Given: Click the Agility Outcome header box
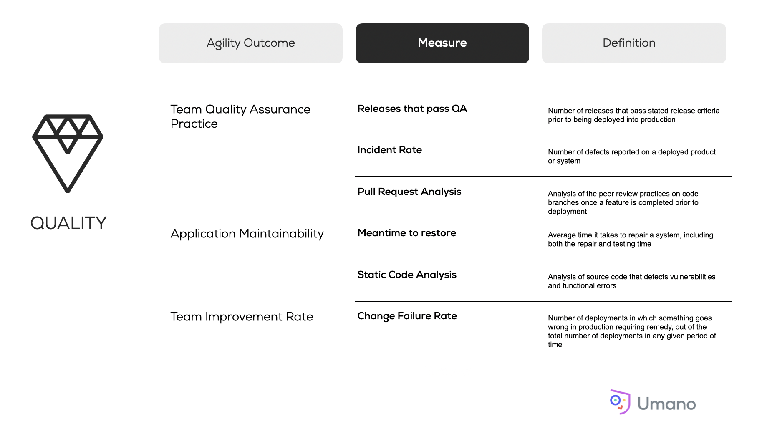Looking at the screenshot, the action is [x=250, y=43].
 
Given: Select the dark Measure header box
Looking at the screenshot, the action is [x=442, y=43].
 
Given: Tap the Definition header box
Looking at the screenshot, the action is [x=634, y=43].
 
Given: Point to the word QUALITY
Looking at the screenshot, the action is [x=68, y=223].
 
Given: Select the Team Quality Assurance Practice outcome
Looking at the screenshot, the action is [x=240, y=116].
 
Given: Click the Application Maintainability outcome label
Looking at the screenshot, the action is [x=247, y=234].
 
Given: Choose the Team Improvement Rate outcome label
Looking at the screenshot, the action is [x=242, y=317].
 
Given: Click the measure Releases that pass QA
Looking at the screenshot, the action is [x=412, y=109].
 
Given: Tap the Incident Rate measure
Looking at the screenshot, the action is [x=389, y=150].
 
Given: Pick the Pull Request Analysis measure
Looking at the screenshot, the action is [x=409, y=192].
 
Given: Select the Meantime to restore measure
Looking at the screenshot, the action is [x=406, y=233].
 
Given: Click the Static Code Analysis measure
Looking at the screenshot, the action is [x=407, y=275].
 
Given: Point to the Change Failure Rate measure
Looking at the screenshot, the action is [x=407, y=316].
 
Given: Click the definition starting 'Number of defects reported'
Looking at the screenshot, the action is [x=631, y=156].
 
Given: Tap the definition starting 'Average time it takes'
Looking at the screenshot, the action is [x=631, y=240].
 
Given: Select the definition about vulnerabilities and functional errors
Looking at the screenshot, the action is [x=631, y=281].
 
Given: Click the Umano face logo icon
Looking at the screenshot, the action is [x=620, y=401].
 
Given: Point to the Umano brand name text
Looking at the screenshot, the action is [x=666, y=404].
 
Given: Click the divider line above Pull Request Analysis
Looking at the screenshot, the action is [x=543, y=177].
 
